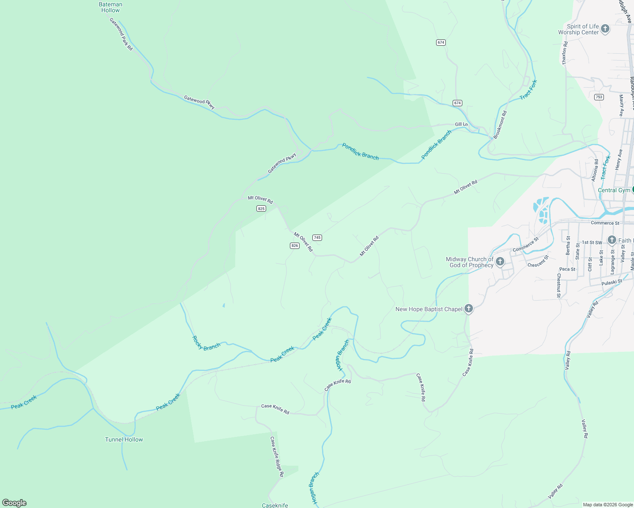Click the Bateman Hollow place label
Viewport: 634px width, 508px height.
click(x=110, y=7)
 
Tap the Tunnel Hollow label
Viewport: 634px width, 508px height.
click(x=124, y=439)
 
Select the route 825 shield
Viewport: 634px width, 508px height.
click(x=261, y=208)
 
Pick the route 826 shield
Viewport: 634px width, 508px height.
click(x=295, y=246)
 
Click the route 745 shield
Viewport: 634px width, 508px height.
click(x=317, y=237)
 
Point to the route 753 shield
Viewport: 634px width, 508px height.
click(x=598, y=97)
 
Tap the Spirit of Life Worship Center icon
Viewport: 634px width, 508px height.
click(x=605, y=29)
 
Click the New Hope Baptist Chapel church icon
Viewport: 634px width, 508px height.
click(x=468, y=309)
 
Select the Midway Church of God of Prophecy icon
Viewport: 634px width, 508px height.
click(x=500, y=262)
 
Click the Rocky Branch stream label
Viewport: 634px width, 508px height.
click(x=206, y=343)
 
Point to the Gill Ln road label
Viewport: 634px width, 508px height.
click(x=461, y=124)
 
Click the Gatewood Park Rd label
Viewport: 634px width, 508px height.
click(x=121, y=34)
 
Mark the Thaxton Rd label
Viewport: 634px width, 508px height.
click(x=564, y=53)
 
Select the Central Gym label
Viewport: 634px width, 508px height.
click(x=614, y=190)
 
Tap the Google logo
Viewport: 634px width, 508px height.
click(x=14, y=503)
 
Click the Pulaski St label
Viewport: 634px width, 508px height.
click(x=612, y=282)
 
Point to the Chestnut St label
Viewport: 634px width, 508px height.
click(x=559, y=286)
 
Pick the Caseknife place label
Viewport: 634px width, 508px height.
click(x=275, y=505)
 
